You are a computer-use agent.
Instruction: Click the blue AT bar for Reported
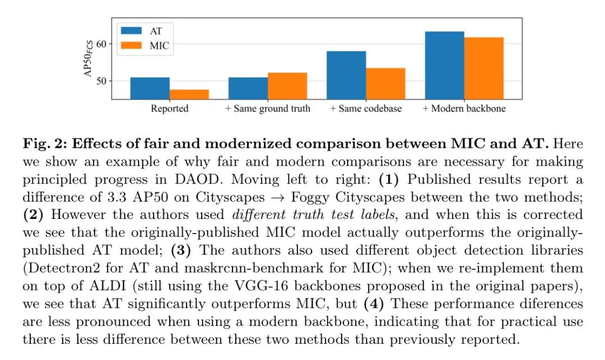(x=150, y=88)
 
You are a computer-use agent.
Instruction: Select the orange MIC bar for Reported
(x=189, y=94)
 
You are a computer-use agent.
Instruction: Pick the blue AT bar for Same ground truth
(x=248, y=88)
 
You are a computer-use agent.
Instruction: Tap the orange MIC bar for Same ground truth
(x=287, y=86)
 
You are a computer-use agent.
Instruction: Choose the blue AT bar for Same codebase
(x=346, y=75)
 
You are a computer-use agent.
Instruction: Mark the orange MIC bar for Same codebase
(x=385, y=83)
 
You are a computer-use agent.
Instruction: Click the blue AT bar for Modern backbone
(x=444, y=66)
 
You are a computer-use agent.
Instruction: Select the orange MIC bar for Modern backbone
(x=483, y=68)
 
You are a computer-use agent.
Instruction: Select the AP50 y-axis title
(x=88, y=58)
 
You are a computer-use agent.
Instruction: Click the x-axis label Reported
(x=169, y=109)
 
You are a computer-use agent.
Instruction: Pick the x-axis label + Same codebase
(x=366, y=109)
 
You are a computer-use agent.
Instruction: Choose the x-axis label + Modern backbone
(x=464, y=109)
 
